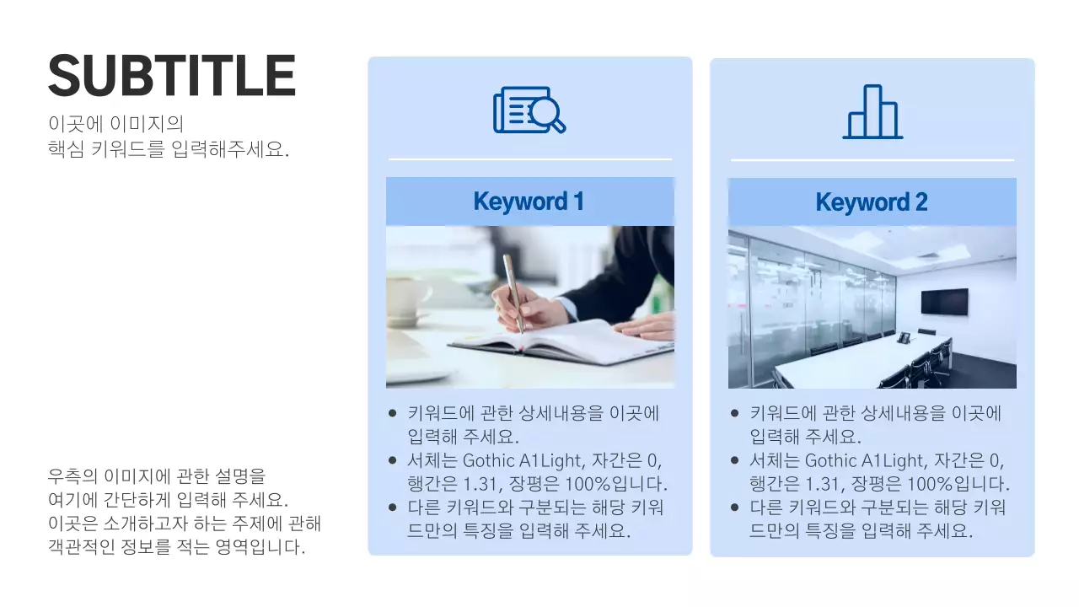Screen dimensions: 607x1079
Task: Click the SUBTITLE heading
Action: [172, 76]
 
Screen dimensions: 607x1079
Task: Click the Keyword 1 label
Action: [529, 201]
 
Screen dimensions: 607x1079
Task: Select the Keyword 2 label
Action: [872, 202]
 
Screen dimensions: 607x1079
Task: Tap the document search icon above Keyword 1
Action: [529, 110]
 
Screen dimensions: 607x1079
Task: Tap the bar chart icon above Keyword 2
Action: [872, 111]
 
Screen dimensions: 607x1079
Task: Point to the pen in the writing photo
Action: [513, 291]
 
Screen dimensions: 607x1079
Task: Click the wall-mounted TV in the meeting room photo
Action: [944, 301]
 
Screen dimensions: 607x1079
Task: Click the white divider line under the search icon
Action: [529, 158]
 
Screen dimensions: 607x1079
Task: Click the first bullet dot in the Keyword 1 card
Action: [393, 414]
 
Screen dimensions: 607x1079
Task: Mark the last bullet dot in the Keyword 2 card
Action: [735, 508]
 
